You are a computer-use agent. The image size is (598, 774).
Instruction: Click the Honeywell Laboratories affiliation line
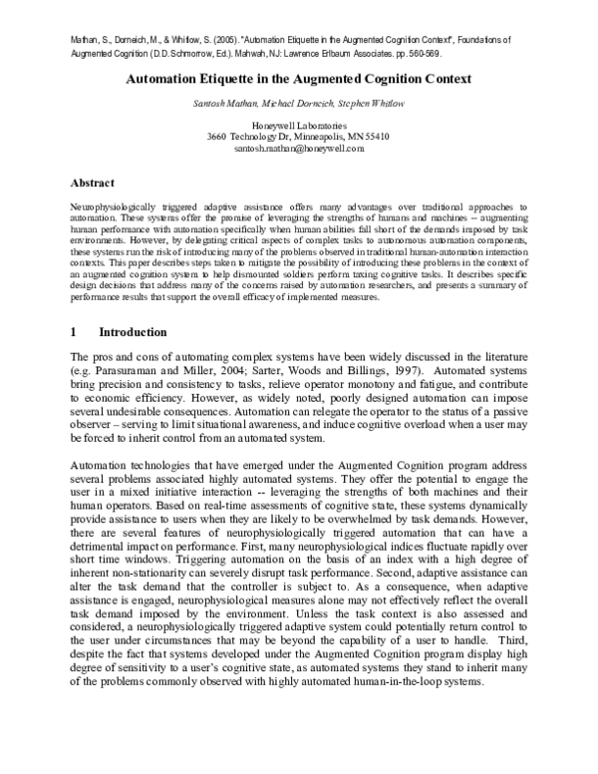(x=298, y=125)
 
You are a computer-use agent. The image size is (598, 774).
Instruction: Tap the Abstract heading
(x=93, y=184)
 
